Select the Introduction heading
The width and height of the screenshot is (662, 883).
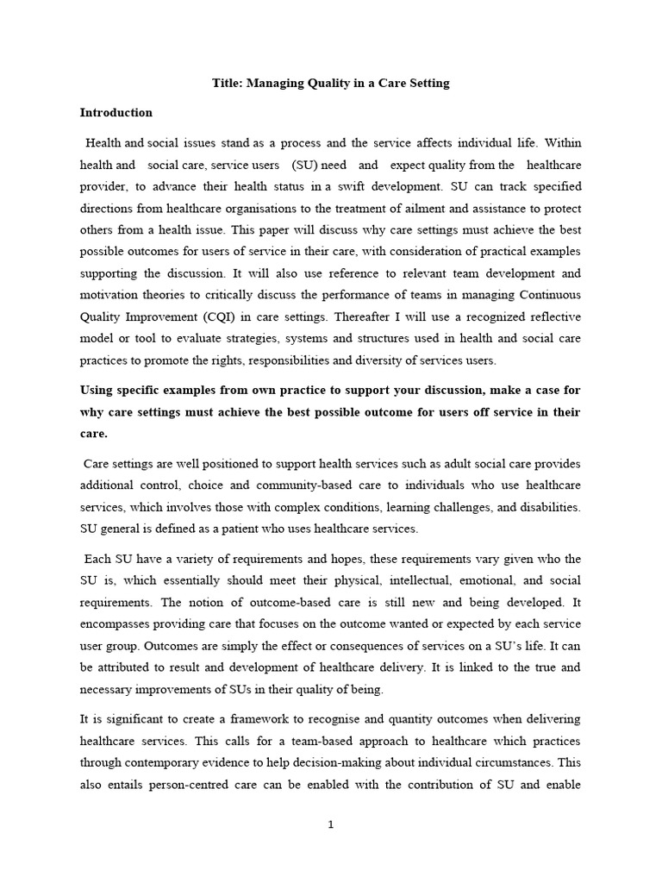coord(116,112)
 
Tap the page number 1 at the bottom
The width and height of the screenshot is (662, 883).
coord(331,824)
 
